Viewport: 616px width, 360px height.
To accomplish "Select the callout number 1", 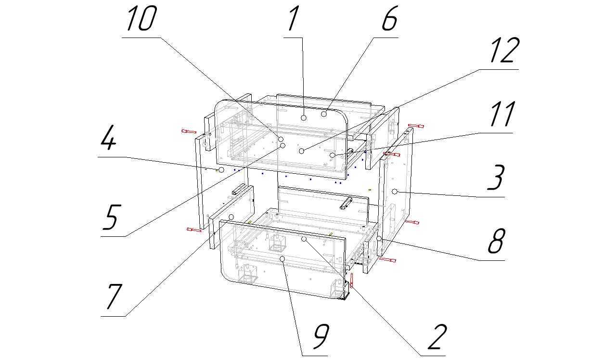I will coord(294,20).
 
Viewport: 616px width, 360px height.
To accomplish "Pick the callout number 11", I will coord(501,115).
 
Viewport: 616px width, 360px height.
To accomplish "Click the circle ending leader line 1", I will coord(304,118).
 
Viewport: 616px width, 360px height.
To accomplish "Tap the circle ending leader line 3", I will coord(395,192).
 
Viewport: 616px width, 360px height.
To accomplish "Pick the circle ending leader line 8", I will coord(379,238).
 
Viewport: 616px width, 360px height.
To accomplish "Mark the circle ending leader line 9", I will coord(283,259).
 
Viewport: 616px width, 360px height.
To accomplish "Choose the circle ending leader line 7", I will coord(231,217).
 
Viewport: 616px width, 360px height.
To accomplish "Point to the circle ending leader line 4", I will coord(221,170).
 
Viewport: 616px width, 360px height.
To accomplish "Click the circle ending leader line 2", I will coord(304,239).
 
